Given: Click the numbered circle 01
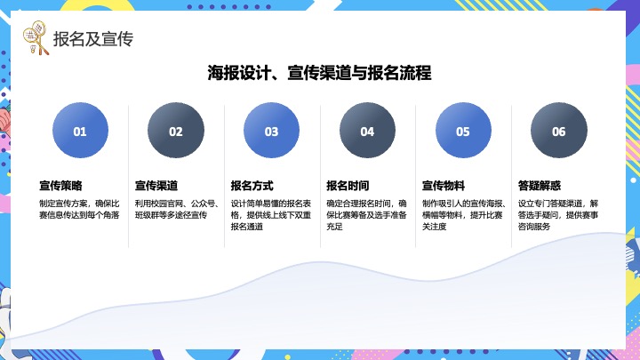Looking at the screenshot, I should click(80, 132).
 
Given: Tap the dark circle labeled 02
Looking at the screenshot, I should click(176, 132).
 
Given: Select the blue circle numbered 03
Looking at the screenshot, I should click(272, 132).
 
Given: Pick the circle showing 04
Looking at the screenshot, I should click(367, 132).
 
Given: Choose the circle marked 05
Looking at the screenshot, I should click(463, 132).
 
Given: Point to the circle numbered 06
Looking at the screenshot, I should click(559, 132).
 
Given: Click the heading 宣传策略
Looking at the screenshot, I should click(61, 186).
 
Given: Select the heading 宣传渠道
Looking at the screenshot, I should click(157, 186).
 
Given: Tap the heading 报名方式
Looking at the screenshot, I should click(252, 186).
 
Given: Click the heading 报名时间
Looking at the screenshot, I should click(348, 186).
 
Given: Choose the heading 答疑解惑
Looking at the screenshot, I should click(540, 186).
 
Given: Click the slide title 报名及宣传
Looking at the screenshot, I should click(93, 39).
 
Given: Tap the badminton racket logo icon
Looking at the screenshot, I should click(36, 39).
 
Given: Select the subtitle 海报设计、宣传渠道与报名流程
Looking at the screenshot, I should click(320, 73).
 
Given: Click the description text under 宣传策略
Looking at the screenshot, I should click(79, 209).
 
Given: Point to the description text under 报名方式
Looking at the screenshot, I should click(270, 214).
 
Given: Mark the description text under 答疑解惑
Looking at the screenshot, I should click(558, 214).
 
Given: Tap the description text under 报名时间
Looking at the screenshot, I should click(366, 214).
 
